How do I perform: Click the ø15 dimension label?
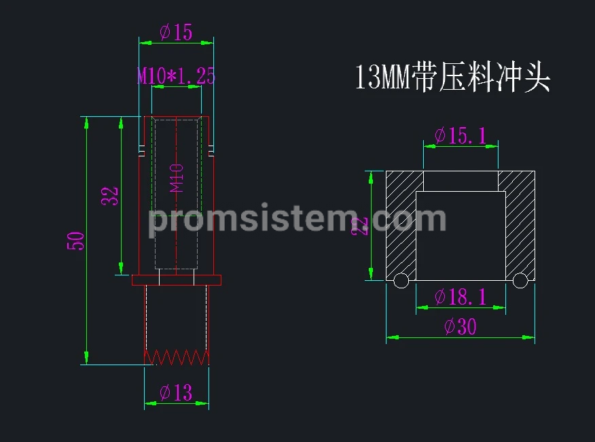coord(176,32)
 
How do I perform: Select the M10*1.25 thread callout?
coord(176,75)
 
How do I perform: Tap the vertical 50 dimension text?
coord(75,241)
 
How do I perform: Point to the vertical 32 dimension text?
coord(110,196)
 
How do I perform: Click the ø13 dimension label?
coord(176,392)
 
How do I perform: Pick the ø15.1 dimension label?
coord(461,136)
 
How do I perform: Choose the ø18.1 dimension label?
coord(461,296)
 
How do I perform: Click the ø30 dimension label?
coord(461,326)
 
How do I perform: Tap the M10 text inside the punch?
coord(177,178)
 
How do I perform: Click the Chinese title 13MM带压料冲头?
coord(452,77)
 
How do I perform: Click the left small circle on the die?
coord(401,280)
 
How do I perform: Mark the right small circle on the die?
coord(520,280)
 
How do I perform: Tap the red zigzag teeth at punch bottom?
coord(177,358)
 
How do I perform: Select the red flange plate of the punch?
coord(177,280)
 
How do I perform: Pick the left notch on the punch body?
coord(142,150)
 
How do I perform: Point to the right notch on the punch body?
coord(211,150)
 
